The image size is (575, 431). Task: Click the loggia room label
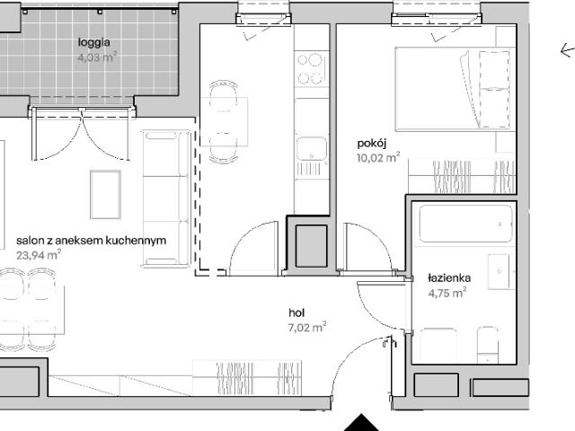coord(93,43)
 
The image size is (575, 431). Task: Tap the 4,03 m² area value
coord(97,57)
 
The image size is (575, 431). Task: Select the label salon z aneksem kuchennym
coord(92,241)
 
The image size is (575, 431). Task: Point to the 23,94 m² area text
coord(39,255)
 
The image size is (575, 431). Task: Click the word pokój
coord(372,144)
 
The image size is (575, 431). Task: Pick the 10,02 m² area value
coord(378,158)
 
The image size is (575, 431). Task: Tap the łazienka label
coord(449,278)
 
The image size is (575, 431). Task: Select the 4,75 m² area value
coord(447,293)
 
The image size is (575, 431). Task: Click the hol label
coord(296,312)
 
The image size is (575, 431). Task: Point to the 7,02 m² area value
coord(307,327)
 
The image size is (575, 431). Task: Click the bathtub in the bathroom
coord(465,224)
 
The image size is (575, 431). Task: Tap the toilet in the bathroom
coord(488,344)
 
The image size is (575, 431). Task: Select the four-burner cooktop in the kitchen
coord(311,69)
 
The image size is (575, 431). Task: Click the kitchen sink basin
coord(312,149)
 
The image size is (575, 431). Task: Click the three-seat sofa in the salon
coord(166,198)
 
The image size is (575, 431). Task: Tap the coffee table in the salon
coord(106,195)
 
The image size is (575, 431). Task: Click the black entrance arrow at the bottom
coord(361,423)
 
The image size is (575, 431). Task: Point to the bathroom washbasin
coord(500,271)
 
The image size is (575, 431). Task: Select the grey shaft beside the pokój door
coord(312,246)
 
